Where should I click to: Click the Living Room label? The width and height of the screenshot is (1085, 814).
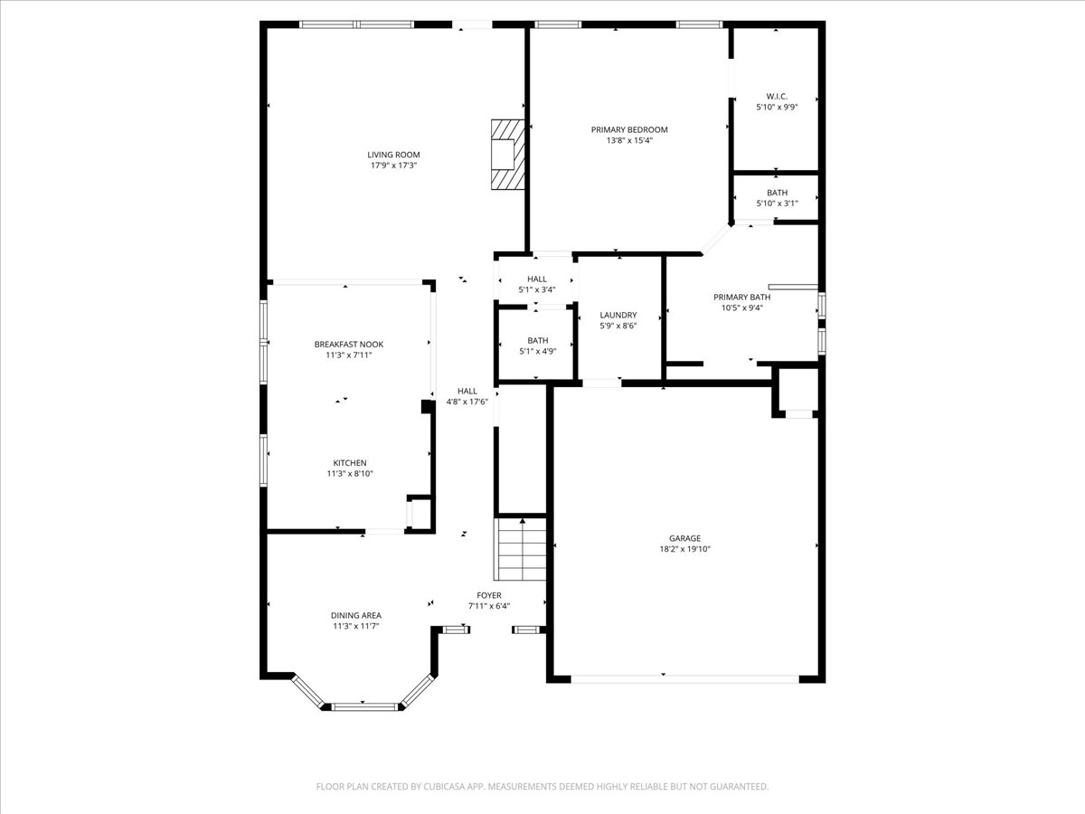pyautogui.click(x=393, y=155)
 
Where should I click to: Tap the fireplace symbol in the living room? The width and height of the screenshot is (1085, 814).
pyautogui.click(x=507, y=155)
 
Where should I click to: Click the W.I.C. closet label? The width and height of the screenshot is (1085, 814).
pyautogui.click(x=777, y=96)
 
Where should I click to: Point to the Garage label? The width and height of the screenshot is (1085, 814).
pyautogui.click(x=684, y=538)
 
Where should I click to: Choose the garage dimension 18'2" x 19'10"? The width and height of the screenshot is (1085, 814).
pyautogui.click(x=684, y=549)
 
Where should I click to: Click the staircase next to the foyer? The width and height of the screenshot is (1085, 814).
pyautogui.click(x=522, y=549)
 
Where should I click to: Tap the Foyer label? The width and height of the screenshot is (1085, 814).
pyautogui.click(x=489, y=595)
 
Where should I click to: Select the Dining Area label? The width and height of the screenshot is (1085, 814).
pyautogui.click(x=355, y=615)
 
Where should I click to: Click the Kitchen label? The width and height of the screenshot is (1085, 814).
pyautogui.click(x=349, y=463)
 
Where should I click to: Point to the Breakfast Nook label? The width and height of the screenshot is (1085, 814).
pyautogui.click(x=349, y=345)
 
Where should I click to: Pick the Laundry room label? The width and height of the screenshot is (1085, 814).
pyautogui.click(x=618, y=315)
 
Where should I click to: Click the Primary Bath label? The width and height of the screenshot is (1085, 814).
pyautogui.click(x=741, y=297)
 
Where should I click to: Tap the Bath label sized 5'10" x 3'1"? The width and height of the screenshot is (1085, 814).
pyautogui.click(x=777, y=193)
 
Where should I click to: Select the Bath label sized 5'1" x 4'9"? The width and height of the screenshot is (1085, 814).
pyautogui.click(x=537, y=340)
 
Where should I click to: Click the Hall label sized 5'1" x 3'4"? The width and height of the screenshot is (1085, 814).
pyautogui.click(x=537, y=279)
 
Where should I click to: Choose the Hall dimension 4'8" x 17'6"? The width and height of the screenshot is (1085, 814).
pyautogui.click(x=467, y=402)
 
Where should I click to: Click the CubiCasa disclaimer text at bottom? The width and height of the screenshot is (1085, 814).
pyautogui.click(x=542, y=787)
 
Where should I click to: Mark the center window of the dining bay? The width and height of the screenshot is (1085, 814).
pyautogui.click(x=362, y=705)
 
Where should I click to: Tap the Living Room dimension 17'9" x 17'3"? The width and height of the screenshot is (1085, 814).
pyautogui.click(x=393, y=166)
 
